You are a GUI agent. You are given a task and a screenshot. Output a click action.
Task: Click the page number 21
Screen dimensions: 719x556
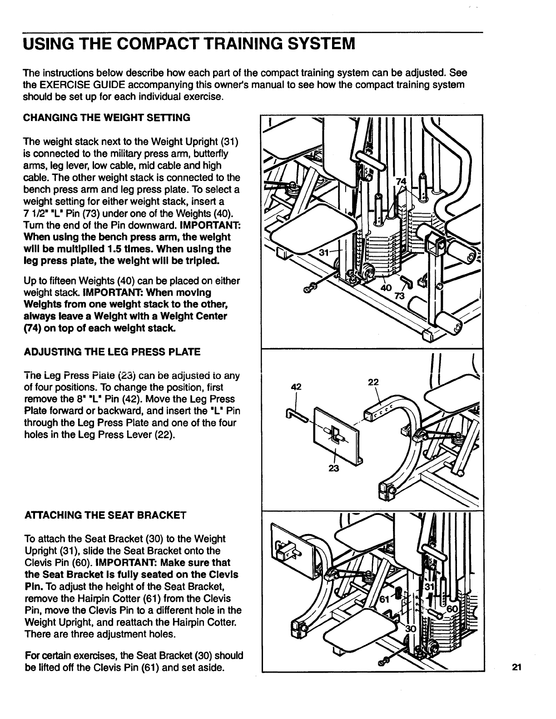tap(515, 667)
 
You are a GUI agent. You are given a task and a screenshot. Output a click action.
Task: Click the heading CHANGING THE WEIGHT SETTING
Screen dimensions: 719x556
tap(106, 118)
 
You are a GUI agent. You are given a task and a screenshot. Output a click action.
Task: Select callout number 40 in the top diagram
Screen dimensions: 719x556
tap(386, 288)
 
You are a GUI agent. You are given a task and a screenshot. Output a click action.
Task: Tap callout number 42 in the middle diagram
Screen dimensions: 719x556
tap(296, 387)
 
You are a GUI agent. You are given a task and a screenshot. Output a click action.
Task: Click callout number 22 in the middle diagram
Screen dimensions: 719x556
tap(373, 382)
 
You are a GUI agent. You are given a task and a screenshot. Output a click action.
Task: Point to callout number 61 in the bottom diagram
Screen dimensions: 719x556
tap(384, 599)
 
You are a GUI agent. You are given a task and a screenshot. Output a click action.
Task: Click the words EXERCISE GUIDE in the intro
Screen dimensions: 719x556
tap(71, 85)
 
